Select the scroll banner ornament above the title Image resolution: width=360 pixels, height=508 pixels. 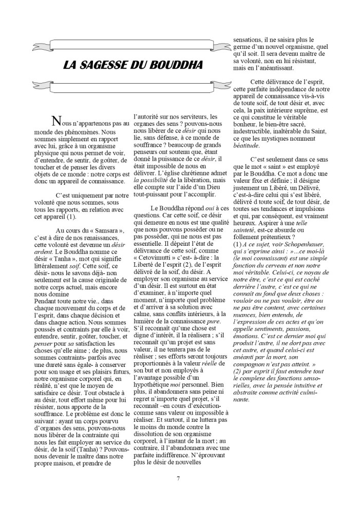pyautogui.click(x=131, y=45)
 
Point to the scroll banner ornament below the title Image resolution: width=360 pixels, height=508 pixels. pyautogui.click(x=131, y=85)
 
